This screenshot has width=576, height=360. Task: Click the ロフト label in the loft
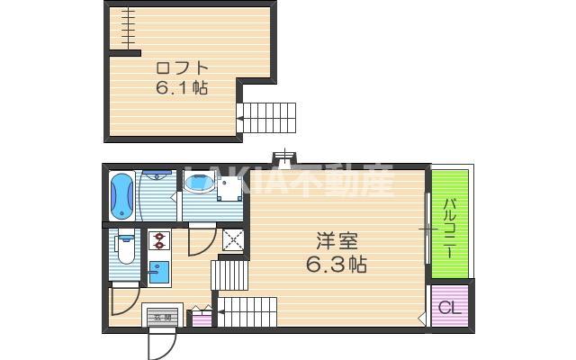(x=182, y=67)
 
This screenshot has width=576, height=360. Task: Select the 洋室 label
(x=337, y=242)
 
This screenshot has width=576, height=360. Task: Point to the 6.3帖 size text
(x=337, y=265)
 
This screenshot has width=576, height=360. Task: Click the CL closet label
(x=449, y=307)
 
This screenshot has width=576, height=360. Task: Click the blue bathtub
(x=121, y=196)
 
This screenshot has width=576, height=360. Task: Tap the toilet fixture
(x=124, y=248)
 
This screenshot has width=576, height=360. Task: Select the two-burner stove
(x=159, y=241)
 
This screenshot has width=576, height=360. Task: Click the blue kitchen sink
(x=159, y=271)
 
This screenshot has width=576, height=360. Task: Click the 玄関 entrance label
(x=160, y=316)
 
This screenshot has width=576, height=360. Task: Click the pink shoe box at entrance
(x=201, y=317)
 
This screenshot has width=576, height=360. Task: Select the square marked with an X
(x=233, y=239)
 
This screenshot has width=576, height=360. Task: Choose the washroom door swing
(x=201, y=239)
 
